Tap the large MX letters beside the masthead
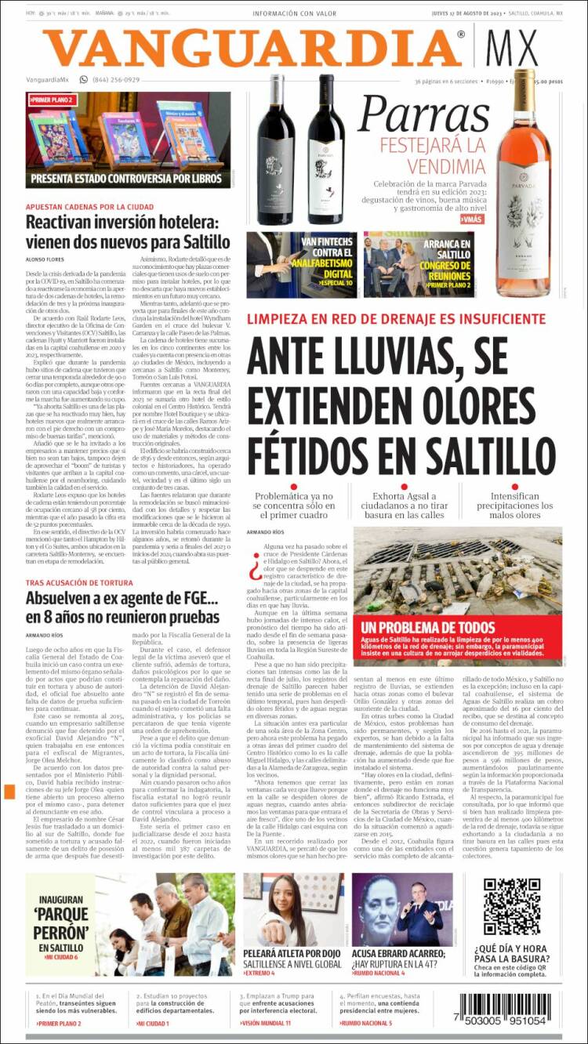[512, 49]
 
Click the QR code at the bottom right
[512, 907]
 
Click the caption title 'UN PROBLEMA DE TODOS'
[417, 628]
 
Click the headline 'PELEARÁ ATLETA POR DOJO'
[292, 953]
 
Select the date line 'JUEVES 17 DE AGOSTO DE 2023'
[467, 13]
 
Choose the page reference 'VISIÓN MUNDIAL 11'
[267, 1023]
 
